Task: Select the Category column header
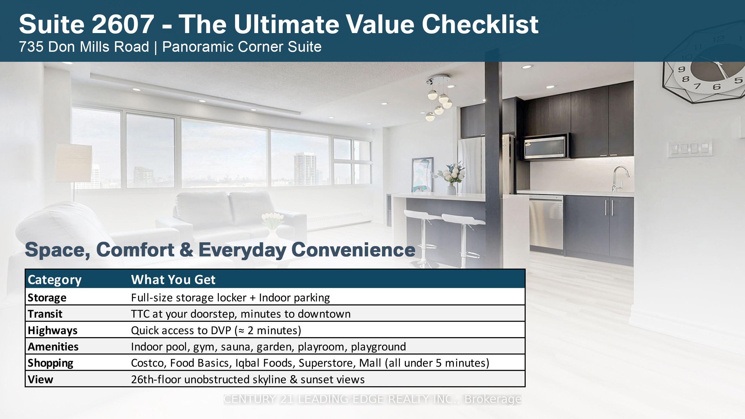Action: pyautogui.click(x=55, y=280)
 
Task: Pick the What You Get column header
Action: pyautogui.click(x=173, y=280)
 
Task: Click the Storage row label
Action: pyautogui.click(x=47, y=298)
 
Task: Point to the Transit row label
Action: pyautogui.click(x=45, y=314)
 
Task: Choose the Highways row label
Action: pyautogui.click(x=53, y=330)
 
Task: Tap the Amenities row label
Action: pyautogui.click(x=53, y=346)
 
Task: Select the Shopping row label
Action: pyautogui.click(x=51, y=363)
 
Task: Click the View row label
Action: pyautogui.click(x=40, y=379)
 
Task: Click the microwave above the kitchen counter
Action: pyautogui.click(x=546, y=146)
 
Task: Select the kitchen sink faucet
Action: pyautogui.click(x=619, y=178)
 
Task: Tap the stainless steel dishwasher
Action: pyautogui.click(x=546, y=223)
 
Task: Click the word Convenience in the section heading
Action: pyautogui.click(x=354, y=250)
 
